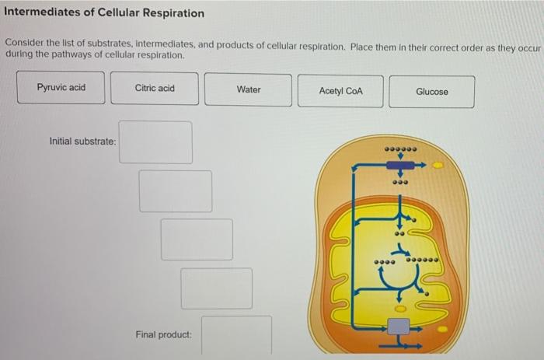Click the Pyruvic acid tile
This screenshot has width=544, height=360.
(61, 88)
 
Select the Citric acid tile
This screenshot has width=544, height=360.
(155, 88)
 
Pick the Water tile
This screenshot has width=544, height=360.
(249, 89)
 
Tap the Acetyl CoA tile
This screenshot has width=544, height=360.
(340, 90)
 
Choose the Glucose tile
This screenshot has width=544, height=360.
(432, 91)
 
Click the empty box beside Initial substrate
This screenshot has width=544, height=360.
(155, 142)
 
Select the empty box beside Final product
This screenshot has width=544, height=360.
(237, 334)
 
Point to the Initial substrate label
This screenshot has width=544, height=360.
(82, 142)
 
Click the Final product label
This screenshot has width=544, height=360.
(163, 334)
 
